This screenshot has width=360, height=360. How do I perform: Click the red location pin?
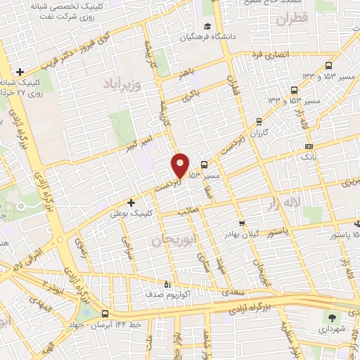click(x=181, y=165)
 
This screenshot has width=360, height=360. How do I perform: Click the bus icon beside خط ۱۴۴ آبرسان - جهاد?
click(x=104, y=314)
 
